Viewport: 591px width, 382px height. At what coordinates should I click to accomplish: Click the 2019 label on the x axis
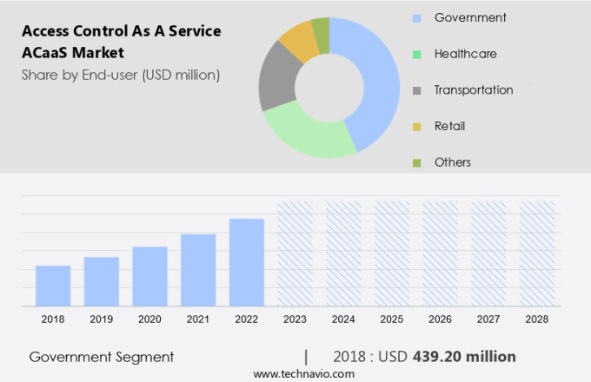click(102, 319)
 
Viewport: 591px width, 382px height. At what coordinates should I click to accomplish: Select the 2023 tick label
click(295, 319)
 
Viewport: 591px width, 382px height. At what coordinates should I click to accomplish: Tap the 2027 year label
click(488, 319)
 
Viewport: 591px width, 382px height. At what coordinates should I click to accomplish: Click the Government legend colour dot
click(416, 18)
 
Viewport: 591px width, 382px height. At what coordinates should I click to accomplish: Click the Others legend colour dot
click(416, 162)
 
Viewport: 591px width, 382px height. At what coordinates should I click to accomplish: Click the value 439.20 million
click(466, 357)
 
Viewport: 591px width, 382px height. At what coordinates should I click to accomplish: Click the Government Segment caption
click(101, 357)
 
